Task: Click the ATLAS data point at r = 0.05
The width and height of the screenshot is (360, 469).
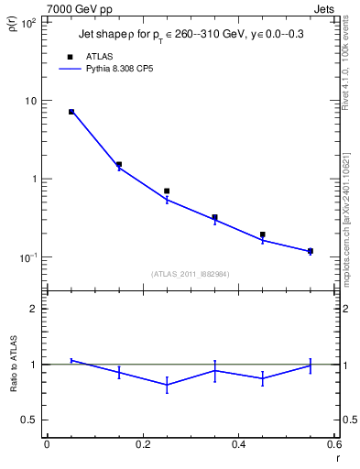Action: click(71, 112)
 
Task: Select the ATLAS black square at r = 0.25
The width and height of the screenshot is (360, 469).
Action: click(167, 191)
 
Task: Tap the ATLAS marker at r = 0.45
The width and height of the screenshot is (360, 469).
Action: click(262, 234)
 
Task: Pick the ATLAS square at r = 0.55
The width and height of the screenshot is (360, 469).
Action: click(311, 251)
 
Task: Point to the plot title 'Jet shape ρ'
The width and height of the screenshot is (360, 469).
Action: click(110, 34)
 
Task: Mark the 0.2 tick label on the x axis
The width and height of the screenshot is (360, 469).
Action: click(142, 444)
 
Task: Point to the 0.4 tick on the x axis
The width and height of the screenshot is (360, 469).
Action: click(238, 444)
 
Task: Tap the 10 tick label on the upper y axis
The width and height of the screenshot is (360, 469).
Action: click(31, 101)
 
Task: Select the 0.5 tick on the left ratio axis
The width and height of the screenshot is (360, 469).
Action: click(28, 420)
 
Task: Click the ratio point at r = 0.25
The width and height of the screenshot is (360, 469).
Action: click(167, 386)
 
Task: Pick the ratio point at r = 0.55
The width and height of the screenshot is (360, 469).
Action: click(311, 365)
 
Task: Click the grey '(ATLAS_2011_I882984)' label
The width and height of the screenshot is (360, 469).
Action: click(191, 273)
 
